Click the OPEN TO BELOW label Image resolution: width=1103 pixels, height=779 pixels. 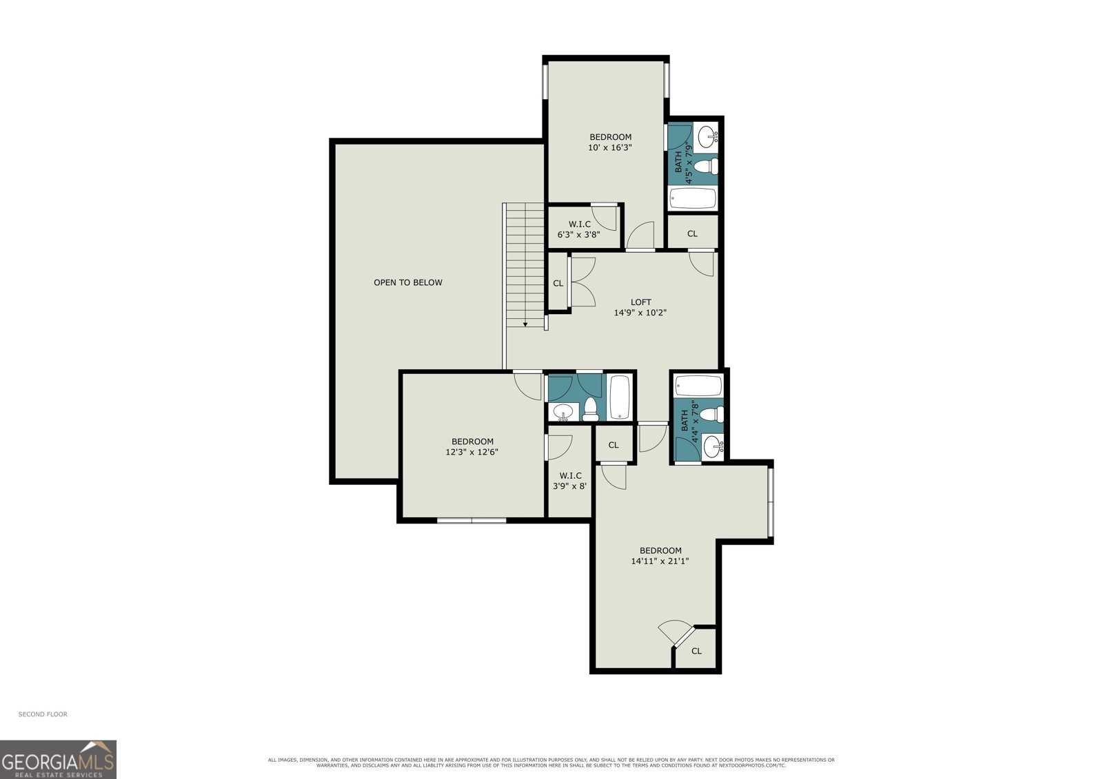point(407,282)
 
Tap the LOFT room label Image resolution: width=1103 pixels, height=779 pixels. point(640,302)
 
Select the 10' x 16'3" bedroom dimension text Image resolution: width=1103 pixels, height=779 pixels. point(609,147)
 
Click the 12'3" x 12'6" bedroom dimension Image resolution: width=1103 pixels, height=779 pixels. point(472,452)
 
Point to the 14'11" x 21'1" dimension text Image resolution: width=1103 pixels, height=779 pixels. point(660,561)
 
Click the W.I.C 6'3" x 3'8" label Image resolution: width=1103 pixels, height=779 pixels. point(579,229)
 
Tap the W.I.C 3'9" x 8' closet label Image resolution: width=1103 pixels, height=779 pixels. point(569,481)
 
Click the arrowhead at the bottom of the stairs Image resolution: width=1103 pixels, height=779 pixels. point(525,324)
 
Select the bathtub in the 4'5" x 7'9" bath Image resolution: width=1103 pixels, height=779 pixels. point(693,198)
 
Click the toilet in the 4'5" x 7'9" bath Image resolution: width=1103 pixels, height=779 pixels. point(707,166)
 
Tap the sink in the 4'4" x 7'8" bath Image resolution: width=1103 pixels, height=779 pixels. point(713,447)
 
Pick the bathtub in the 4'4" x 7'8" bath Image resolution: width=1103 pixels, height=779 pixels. point(698,386)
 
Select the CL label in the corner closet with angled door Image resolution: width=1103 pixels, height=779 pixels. point(696,651)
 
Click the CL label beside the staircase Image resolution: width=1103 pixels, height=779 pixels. point(558,284)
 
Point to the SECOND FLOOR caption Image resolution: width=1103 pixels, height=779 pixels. point(43,714)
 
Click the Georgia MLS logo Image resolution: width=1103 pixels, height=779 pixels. point(58,759)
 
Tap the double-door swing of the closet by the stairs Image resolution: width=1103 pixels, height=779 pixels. point(583,282)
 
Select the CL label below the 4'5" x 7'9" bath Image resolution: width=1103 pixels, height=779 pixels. point(692,233)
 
